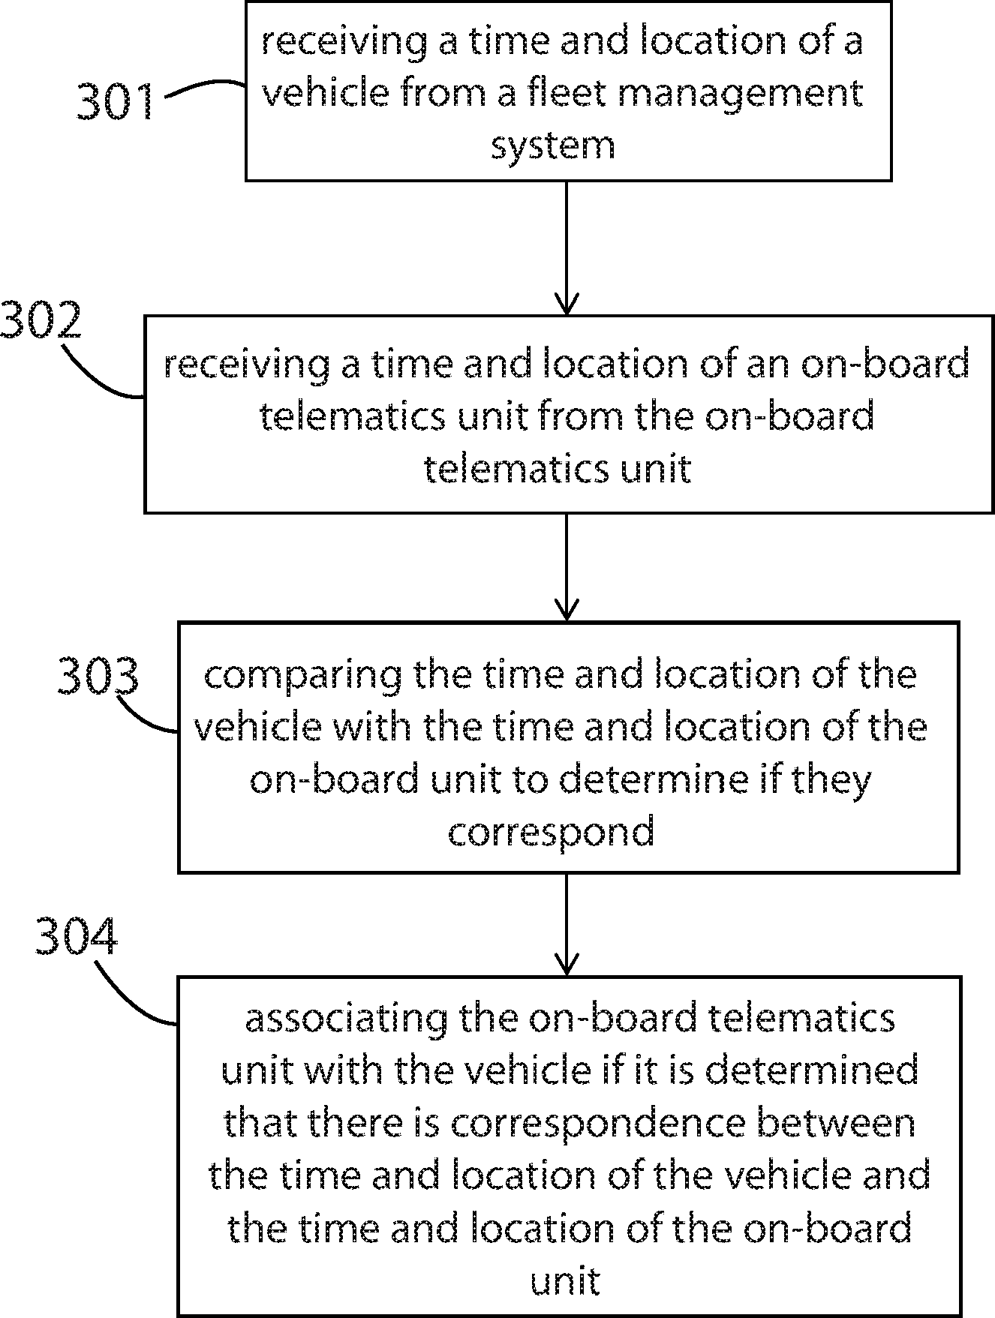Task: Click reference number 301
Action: pyautogui.click(x=116, y=101)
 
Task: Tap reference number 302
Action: pyautogui.click(x=41, y=321)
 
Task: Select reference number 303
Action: pyautogui.click(x=98, y=675)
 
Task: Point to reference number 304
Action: pyautogui.click(x=77, y=936)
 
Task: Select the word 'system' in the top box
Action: pyautogui.click(x=553, y=145)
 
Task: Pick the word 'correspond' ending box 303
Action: pyautogui.click(x=552, y=833)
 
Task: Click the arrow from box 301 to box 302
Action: pyautogui.click(x=567, y=248)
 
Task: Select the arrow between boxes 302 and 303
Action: pyautogui.click(x=567, y=567)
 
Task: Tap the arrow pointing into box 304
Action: pyautogui.click(x=567, y=924)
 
